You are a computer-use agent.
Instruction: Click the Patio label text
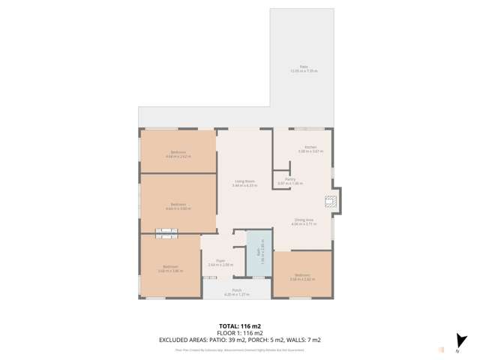pyautogui.click(x=304, y=68)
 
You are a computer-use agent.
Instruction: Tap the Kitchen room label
pyautogui.click(x=310, y=148)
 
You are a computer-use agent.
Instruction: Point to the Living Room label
pyautogui.click(x=244, y=182)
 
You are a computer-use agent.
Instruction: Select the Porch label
pyautogui.click(x=236, y=292)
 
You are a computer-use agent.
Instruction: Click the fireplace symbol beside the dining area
pyautogui.click(x=329, y=201)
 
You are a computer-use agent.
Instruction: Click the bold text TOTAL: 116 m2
pyautogui.click(x=240, y=325)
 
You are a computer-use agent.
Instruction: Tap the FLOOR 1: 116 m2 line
pyautogui.click(x=240, y=332)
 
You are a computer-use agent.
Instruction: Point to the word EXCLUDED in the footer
pyautogui.click(x=175, y=340)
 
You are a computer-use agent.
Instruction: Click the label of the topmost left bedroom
pyautogui.click(x=178, y=154)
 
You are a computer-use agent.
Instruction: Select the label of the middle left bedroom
pyautogui.click(x=178, y=206)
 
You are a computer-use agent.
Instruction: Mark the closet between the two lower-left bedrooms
pyautogui.click(x=166, y=234)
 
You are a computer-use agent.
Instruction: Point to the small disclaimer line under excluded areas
pyautogui.click(x=240, y=349)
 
